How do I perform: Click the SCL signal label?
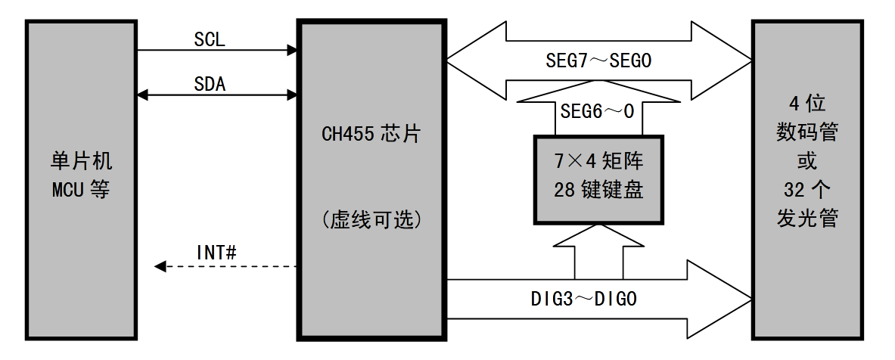click(x=210, y=39)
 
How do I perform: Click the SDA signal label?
click(x=210, y=84)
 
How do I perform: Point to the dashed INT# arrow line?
click(x=227, y=266)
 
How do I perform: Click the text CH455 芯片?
click(x=371, y=135)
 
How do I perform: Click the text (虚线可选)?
click(x=371, y=221)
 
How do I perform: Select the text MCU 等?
click(x=80, y=189)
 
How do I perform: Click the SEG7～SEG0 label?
click(x=598, y=61)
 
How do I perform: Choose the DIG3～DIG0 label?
click(x=583, y=299)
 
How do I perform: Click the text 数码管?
click(x=806, y=132)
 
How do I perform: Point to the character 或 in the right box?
click(x=806, y=161)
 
